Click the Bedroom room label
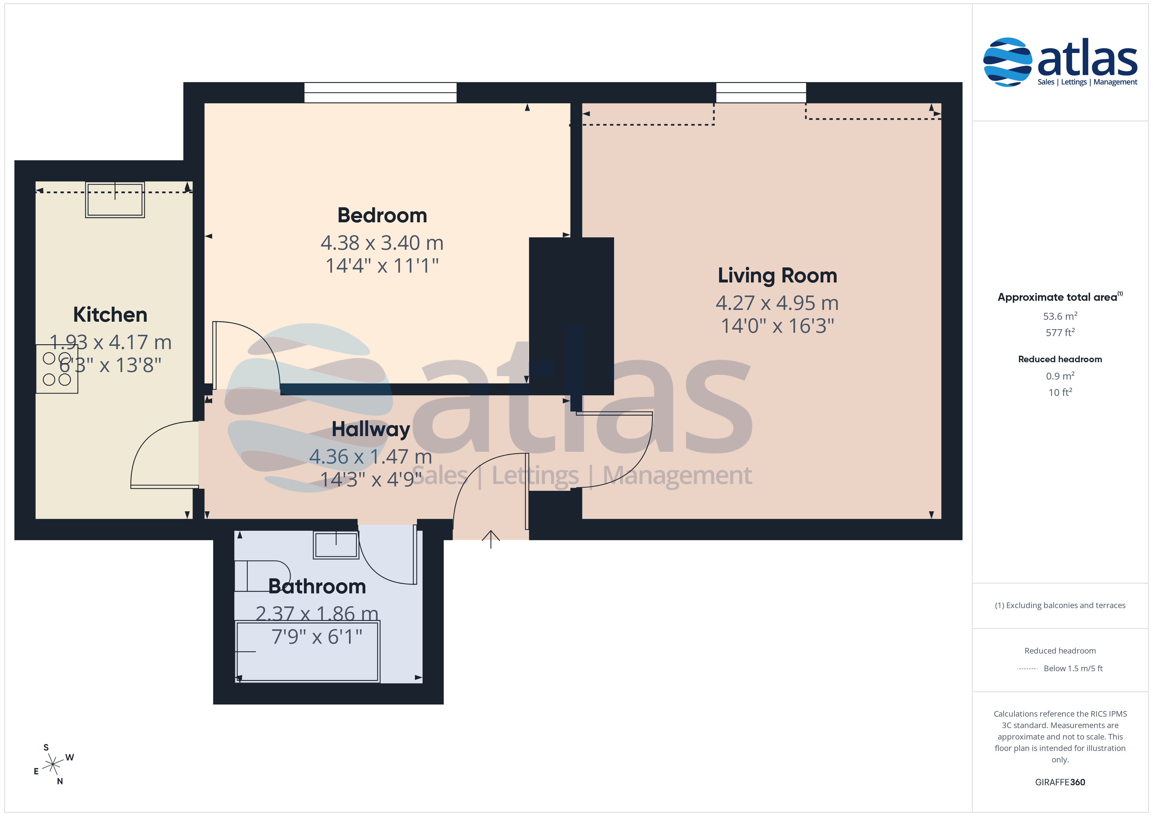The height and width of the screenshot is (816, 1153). tap(382, 215)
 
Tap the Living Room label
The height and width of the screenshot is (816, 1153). tap(777, 276)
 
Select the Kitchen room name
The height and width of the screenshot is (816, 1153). tap(110, 315)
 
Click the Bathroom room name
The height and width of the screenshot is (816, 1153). tap(317, 586)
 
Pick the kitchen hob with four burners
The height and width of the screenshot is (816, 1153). tap(57, 369)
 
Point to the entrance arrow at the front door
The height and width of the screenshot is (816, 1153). tap(491, 539)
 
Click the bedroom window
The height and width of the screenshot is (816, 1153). tap(381, 93)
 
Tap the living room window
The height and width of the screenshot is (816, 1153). tap(761, 93)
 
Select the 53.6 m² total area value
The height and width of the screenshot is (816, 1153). tap(1060, 316)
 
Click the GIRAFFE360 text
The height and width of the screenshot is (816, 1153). tap(1060, 782)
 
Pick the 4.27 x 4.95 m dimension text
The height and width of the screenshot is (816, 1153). tap(777, 303)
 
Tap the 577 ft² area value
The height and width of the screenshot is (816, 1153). tap(1060, 332)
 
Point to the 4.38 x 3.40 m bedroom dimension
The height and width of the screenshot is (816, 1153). tap(382, 243)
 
